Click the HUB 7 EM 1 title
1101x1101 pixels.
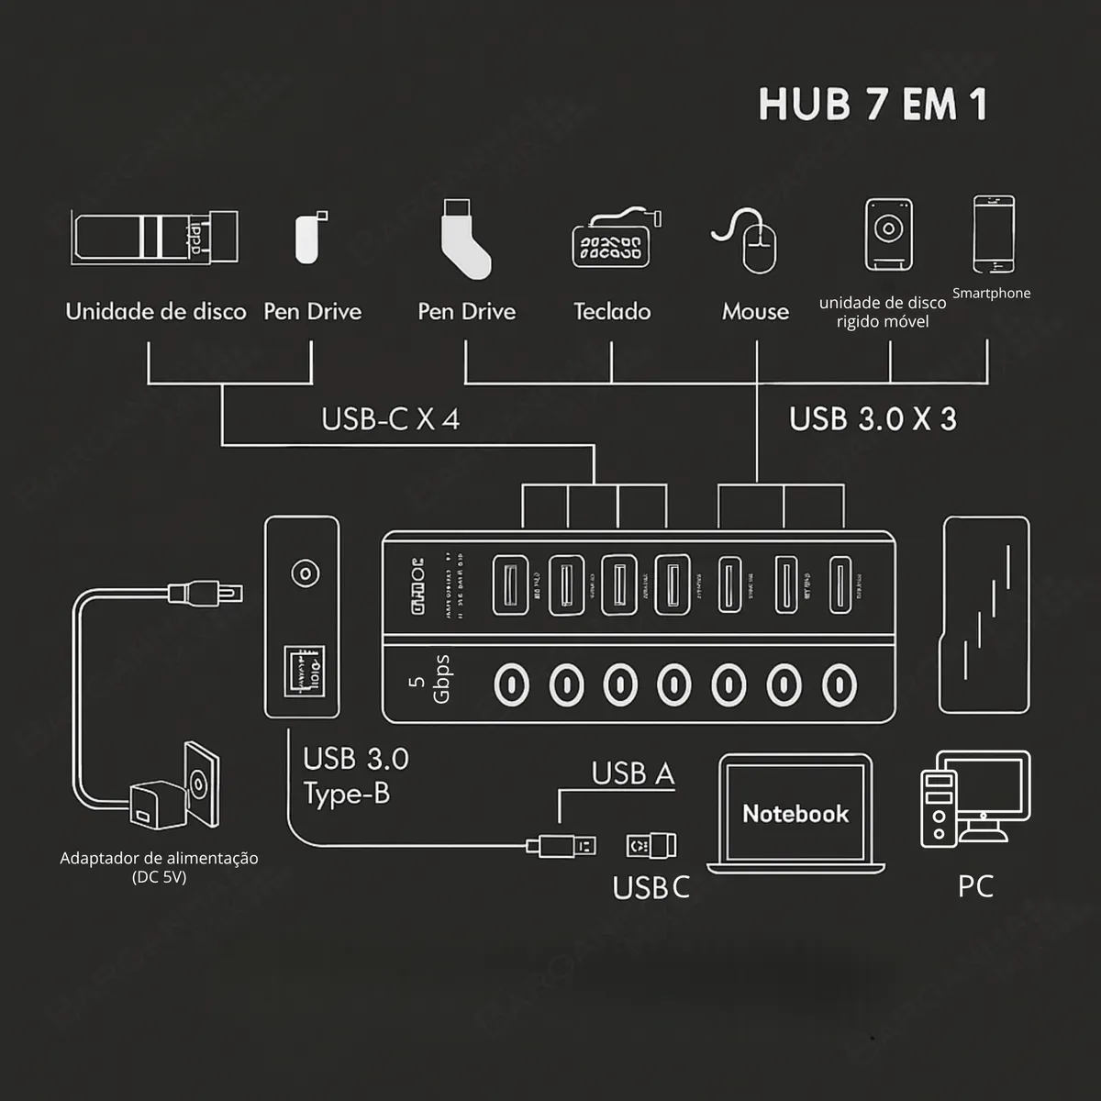point(873,105)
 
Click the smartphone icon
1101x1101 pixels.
point(994,234)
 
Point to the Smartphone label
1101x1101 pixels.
point(991,294)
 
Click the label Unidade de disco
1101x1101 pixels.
point(156,312)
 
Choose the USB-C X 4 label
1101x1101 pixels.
point(390,419)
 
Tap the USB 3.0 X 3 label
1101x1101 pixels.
point(873,419)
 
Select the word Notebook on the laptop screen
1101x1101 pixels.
point(795,814)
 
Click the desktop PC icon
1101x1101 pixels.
point(973,798)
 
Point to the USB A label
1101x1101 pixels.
point(633,774)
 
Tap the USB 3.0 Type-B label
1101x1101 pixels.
point(355,776)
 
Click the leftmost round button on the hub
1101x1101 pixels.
point(511,684)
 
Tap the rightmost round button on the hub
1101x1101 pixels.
point(839,684)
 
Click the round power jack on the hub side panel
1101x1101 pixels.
point(305,574)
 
